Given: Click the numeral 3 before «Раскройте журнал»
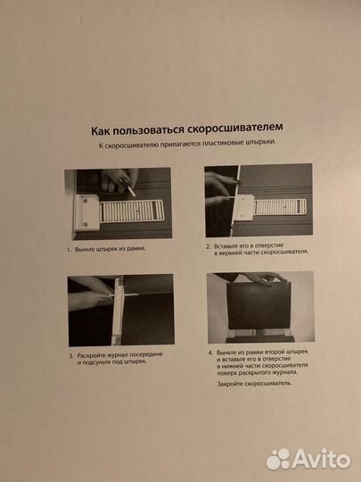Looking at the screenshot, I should click(x=71, y=354).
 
